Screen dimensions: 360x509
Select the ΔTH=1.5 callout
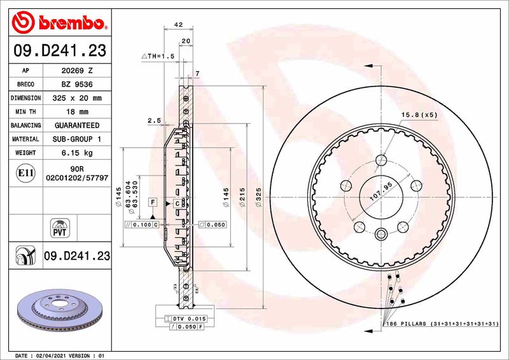[x=158, y=57]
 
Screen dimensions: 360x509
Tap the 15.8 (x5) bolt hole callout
[x=419, y=114]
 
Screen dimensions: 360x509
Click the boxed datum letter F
[x=153, y=202]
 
